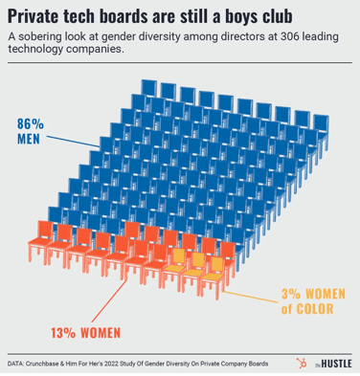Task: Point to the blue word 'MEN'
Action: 31,140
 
